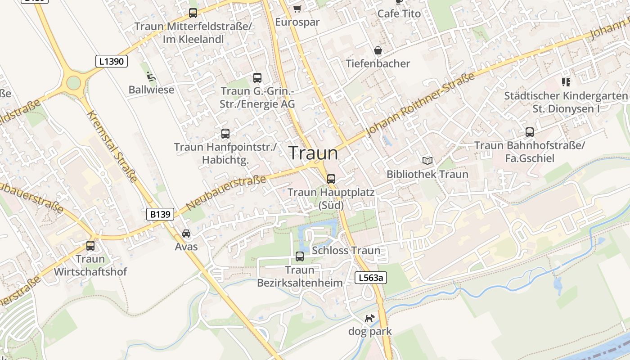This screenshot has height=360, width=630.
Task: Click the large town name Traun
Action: coord(313,153)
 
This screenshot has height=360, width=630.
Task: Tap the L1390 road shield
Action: coord(112,61)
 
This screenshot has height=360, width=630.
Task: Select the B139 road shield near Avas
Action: coord(160,214)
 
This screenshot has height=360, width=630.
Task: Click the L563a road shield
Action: coord(371,278)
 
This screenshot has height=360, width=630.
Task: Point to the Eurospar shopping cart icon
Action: coord(297,9)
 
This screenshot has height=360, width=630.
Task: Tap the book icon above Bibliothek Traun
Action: coord(427,161)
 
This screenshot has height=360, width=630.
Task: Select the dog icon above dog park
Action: coord(369,319)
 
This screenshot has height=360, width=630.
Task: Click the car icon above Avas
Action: coord(186,234)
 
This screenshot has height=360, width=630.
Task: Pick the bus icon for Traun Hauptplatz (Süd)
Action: coord(331,179)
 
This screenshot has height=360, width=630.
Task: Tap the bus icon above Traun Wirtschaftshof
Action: coord(90,246)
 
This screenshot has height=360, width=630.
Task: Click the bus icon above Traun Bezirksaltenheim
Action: coord(299,256)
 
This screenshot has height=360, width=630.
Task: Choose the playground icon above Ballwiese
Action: coord(151,77)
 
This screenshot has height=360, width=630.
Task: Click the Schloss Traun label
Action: coord(346,251)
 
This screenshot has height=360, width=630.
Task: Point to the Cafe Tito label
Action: coord(399,13)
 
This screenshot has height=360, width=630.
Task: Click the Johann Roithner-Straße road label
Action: coord(421,104)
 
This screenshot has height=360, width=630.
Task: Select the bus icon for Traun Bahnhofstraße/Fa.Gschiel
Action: coord(530,132)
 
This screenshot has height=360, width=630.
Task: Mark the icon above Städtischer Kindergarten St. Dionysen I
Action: coord(566,82)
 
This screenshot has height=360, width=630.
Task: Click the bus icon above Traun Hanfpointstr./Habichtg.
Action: coord(225,134)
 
